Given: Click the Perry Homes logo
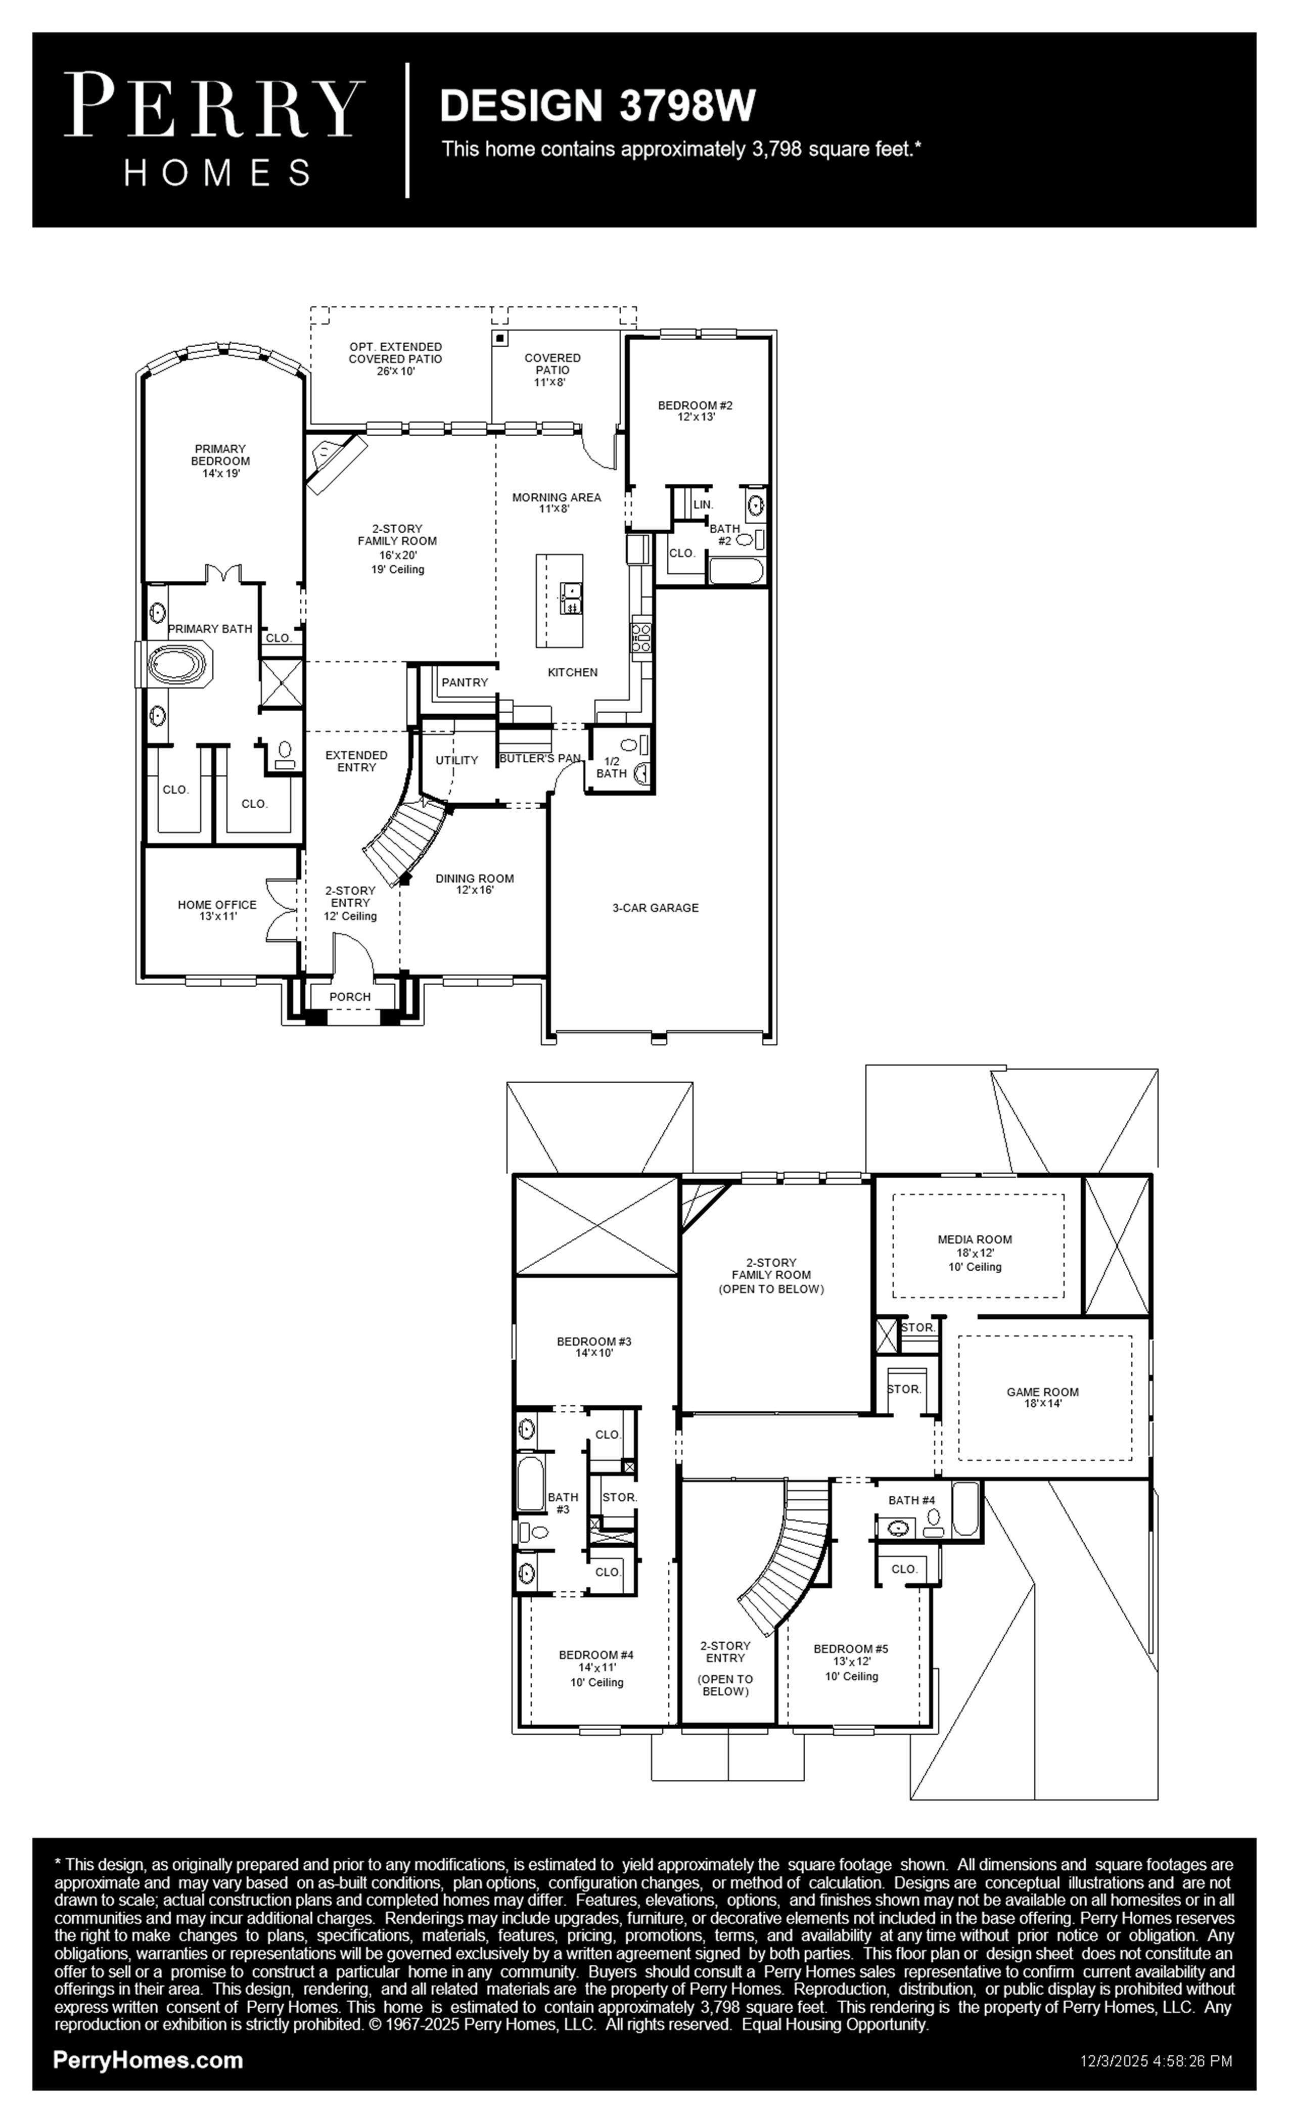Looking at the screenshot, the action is pyautogui.click(x=214, y=130).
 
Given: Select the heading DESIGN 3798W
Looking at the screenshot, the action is pyautogui.click(x=597, y=105).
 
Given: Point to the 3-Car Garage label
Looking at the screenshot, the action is pyautogui.click(x=656, y=907).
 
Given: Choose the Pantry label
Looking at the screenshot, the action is pyautogui.click(x=465, y=682).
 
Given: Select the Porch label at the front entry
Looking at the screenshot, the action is pyautogui.click(x=350, y=997).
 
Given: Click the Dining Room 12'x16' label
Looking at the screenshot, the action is pyautogui.click(x=475, y=884).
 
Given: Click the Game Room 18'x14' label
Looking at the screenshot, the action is pyautogui.click(x=1042, y=1398).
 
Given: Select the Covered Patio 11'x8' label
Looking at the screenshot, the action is pyautogui.click(x=553, y=370).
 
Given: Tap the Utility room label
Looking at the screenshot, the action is pyautogui.click(x=456, y=760).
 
